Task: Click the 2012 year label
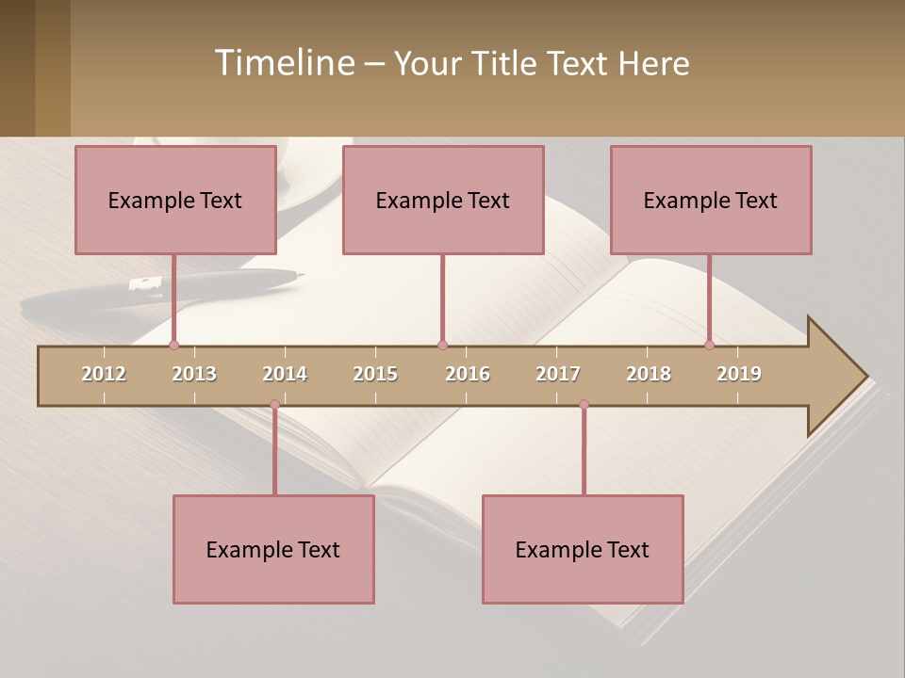pyautogui.click(x=104, y=374)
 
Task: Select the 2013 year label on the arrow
pyautogui.click(x=194, y=374)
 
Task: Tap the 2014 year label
pyautogui.click(x=285, y=374)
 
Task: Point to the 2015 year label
pyautogui.click(x=375, y=374)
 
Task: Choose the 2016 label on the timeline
pyautogui.click(x=468, y=374)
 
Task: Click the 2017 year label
pyautogui.click(x=558, y=374)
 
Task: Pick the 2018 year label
pyautogui.click(x=649, y=374)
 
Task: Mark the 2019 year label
pyautogui.click(x=739, y=374)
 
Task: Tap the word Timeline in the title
pyautogui.click(x=283, y=63)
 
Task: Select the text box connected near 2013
pyautogui.click(x=175, y=200)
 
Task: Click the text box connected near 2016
pyautogui.click(x=443, y=200)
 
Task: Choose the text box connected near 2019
pyautogui.click(x=711, y=200)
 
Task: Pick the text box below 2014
pyautogui.click(x=273, y=549)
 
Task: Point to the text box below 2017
pyautogui.click(x=583, y=549)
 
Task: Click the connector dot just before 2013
pyautogui.click(x=173, y=345)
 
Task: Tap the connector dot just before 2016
pyautogui.click(x=442, y=345)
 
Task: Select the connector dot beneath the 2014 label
pyautogui.click(x=274, y=405)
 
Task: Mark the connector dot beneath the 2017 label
pyautogui.click(x=584, y=405)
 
